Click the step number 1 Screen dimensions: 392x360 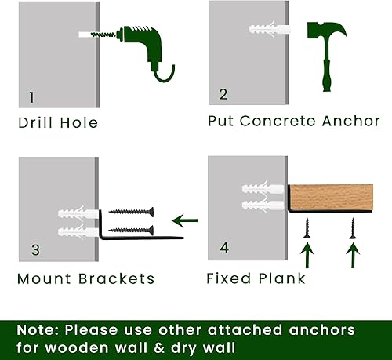pyautogui.click(x=31, y=97)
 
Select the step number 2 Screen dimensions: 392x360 pyautogui.click(x=223, y=94)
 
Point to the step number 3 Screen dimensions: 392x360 pyautogui.click(x=35, y=250)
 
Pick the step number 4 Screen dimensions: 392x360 pyautogui.click(x=224, y=248)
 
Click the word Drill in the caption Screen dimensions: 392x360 pyautogui.click(x=36, y=122)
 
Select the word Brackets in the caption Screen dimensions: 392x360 pyautogui.click(x=116, y=278)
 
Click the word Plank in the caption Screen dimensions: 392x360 pyautogui.click(x=281, y=278)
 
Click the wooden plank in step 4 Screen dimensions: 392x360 pyautogui.click(x=331, y=198)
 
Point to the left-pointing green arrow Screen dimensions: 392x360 pyautogui.click(x=184, y=220)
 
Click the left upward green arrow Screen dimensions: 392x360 pyautogui.click(x=307, y=255)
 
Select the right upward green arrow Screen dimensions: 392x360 pyautogui.click(x=353, y=255)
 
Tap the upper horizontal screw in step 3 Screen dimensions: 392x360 pyautogui.click(x=131, y=212)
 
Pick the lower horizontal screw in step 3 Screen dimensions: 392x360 pyautogui.click(x=131, y=231)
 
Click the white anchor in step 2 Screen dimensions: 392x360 pyautogui.click(x=269, y=29)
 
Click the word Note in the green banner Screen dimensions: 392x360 pyautogui.click(x=37, y=330)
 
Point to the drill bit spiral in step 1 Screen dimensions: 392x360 pyautogui.click(x=103, y=35)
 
